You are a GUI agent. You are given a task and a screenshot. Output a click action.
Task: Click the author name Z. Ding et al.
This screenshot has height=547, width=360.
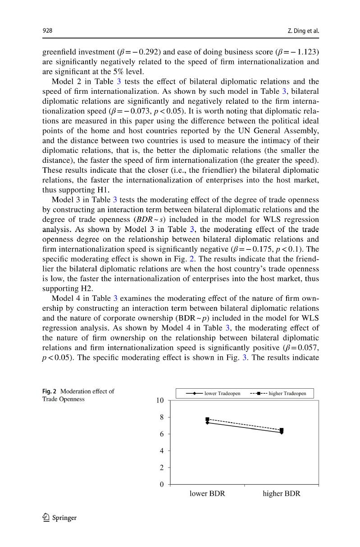point(303,31)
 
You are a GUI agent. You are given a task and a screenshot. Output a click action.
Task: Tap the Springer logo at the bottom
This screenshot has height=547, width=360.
point(60,518)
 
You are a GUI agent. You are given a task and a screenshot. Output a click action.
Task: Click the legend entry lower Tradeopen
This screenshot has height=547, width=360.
point(213,393)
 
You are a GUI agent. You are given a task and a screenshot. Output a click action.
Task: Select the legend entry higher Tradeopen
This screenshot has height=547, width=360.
point(278,393)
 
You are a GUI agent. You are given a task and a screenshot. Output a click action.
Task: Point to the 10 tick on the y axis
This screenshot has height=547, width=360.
point(159,400)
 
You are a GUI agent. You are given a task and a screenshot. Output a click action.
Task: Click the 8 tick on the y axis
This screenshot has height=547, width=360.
point(161,418)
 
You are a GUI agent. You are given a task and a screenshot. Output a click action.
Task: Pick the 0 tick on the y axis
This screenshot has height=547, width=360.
point(161,485)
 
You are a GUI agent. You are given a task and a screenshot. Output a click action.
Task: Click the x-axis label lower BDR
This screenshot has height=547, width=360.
point(207,494)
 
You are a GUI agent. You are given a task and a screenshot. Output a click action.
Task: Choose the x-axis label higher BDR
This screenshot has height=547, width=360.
point(282,494)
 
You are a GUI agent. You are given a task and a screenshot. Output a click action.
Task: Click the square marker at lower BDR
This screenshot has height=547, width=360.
point(207,419)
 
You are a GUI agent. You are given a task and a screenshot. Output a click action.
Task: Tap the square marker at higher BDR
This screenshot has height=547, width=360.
point(282,430)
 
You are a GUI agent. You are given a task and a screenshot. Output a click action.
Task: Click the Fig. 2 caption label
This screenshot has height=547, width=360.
point(49,391)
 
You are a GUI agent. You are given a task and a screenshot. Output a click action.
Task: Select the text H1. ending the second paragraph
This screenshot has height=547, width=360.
point(102,190)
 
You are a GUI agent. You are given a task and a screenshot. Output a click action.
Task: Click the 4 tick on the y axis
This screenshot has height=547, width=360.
point(161,451)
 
